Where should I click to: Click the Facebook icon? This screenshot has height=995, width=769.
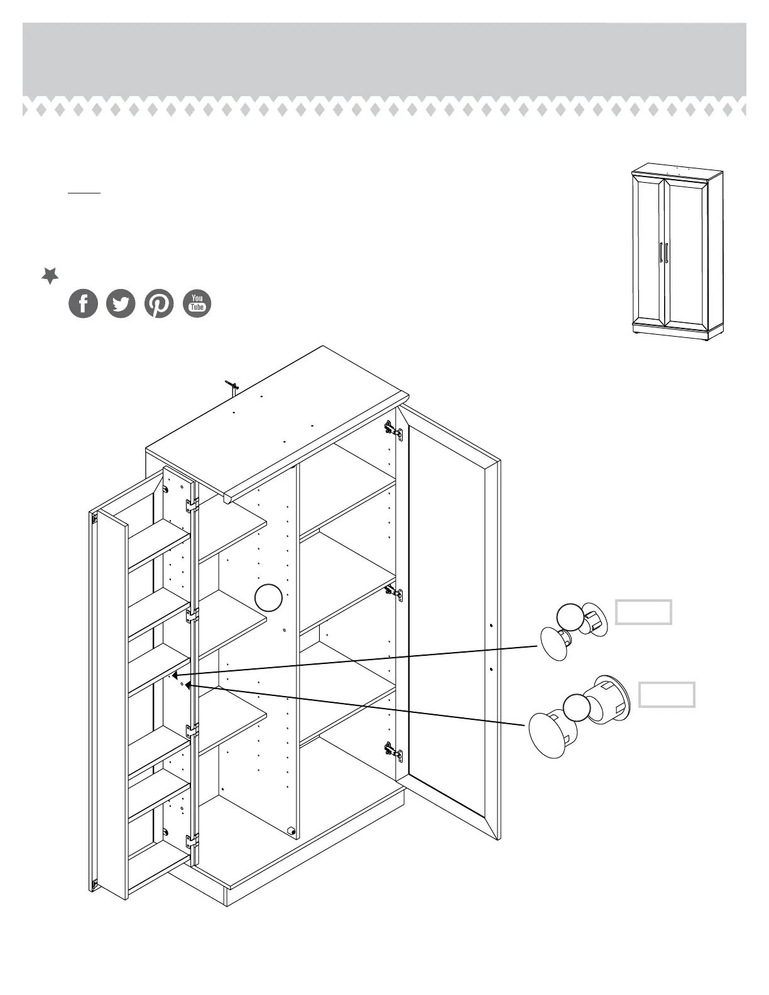pos(83,304)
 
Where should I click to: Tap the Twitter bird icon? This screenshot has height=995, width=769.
pos(121,304)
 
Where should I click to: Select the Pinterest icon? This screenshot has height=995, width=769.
pos(159,304)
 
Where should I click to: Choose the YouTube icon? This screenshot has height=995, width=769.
pos(197,303)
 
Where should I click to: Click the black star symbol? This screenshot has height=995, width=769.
pos(50,275)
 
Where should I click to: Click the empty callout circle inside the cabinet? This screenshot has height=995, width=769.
pos(269,597)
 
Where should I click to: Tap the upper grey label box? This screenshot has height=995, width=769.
pos(643,612)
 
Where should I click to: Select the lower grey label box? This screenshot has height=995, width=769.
pos(667,695)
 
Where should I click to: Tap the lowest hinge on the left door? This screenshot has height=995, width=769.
pos(192,840)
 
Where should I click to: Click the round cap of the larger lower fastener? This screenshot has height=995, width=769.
pos(544,736)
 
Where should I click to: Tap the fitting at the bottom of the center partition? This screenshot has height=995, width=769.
pos(291,830)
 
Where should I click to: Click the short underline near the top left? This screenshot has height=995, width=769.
pos(84,192)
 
